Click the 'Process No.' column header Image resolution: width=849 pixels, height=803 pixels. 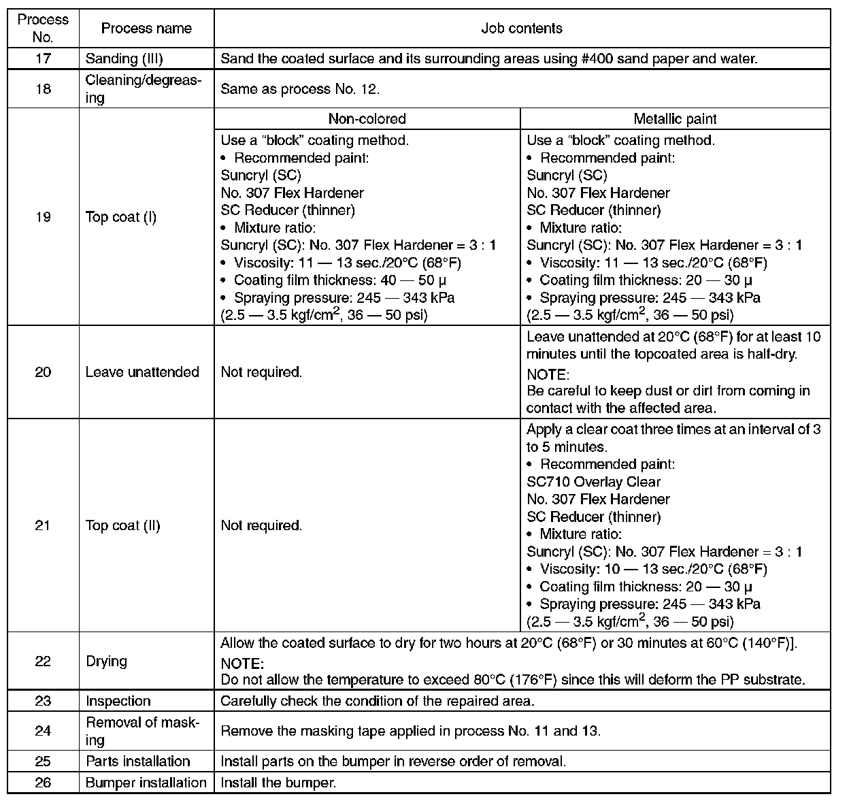43,28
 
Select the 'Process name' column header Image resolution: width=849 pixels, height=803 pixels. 146,28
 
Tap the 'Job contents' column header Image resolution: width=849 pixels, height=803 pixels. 522,28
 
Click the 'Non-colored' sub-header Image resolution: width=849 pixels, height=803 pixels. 367,118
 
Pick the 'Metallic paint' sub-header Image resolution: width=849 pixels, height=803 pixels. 675,118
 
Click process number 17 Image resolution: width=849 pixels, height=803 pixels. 43,59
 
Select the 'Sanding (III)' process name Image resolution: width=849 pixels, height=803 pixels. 124,59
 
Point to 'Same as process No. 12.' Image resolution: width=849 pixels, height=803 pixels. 300,89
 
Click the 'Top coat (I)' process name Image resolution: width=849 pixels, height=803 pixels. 121,217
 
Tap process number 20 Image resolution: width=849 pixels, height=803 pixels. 43,372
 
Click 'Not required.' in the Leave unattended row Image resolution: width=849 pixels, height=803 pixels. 261,372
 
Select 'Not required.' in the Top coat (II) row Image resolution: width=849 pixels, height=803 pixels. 261,525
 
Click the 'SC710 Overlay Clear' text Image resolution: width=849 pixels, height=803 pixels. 593,482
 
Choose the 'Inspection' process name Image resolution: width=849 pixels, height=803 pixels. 118,701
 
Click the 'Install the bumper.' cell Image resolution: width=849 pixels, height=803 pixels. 278,783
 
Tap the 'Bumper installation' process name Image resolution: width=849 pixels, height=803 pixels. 146,783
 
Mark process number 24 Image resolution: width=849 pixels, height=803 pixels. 43,731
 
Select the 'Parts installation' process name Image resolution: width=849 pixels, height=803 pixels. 137,761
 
